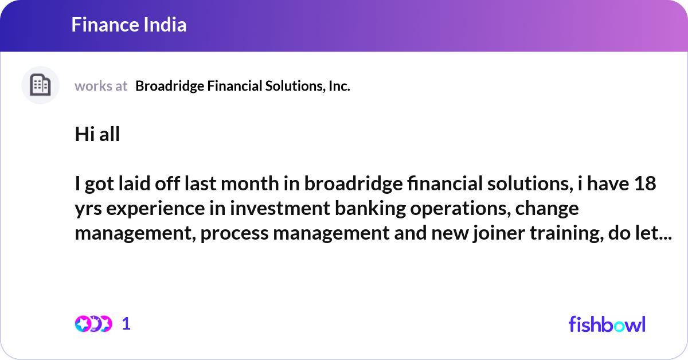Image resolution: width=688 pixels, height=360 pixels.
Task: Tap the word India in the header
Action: point(166,25)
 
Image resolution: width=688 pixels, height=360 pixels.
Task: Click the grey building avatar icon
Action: point(40,85)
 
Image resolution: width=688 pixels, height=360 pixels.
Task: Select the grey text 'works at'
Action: point(101,86)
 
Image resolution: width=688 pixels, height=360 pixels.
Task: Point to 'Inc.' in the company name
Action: point(339,86)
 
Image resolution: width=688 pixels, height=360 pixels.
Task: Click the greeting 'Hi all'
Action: point(97,135)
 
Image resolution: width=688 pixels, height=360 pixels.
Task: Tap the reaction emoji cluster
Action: point(93,324)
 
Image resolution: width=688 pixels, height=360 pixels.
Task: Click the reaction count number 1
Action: point(127,324)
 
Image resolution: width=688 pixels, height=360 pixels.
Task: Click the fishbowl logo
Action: point(607,324)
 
